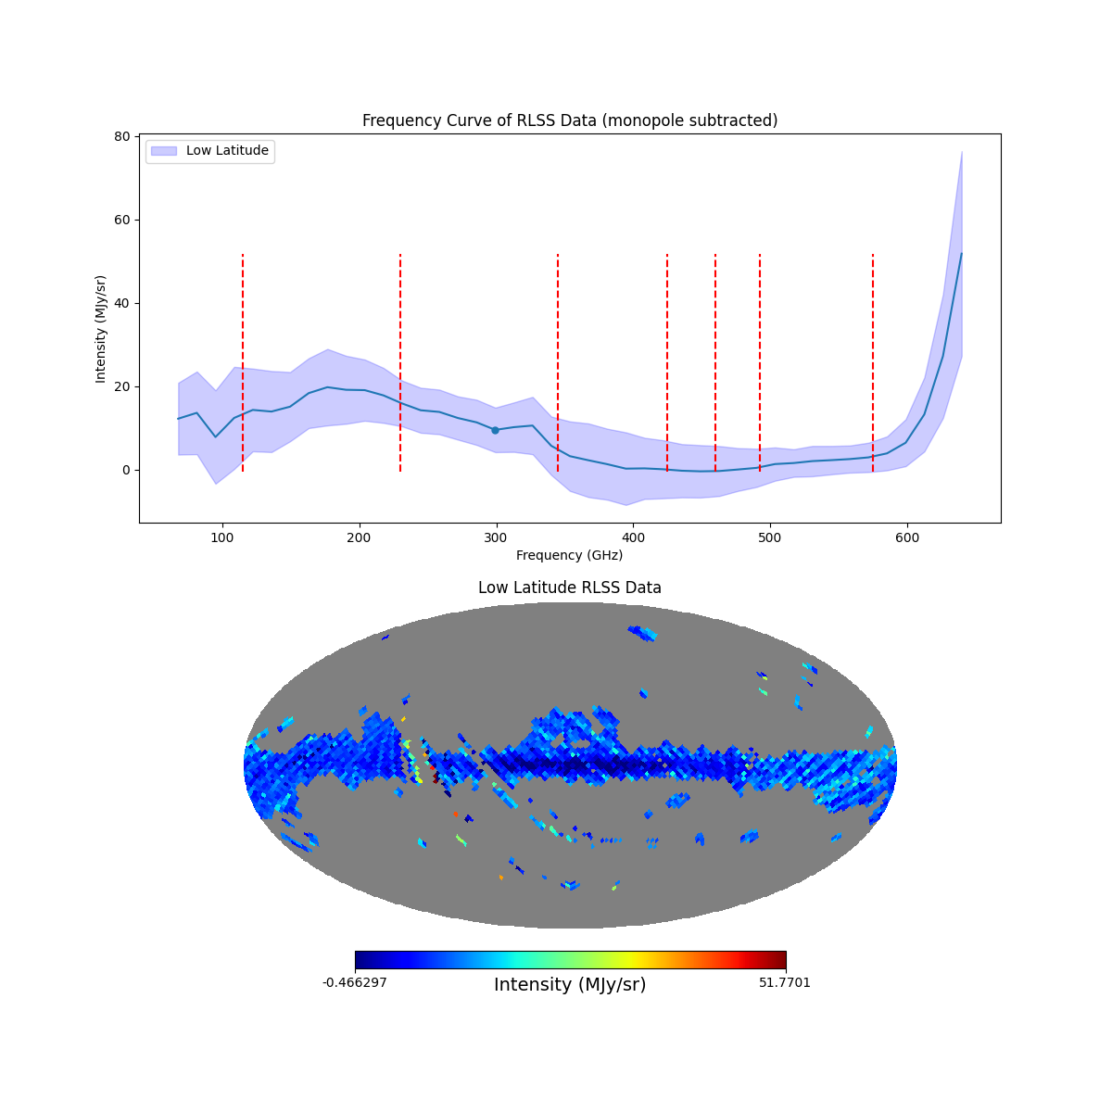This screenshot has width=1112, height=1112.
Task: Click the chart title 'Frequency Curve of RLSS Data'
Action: tap(569, 120)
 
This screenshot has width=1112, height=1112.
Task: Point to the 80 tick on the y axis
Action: tap(122, 136)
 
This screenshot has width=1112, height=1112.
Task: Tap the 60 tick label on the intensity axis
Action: tap(122, 220)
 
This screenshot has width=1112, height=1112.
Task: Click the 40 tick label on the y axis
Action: tap(122, 303)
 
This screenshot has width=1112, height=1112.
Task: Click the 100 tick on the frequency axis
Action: tap(222, 537)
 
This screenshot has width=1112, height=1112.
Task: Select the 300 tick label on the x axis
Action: tap(496, 537)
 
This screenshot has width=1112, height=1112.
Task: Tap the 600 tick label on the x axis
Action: tap(906, 537)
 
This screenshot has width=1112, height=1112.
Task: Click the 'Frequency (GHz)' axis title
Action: tap(569, 555)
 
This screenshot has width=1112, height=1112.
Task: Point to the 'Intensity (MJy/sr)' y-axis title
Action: tap(101, 329)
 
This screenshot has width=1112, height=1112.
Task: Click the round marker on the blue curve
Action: tap(495, 430)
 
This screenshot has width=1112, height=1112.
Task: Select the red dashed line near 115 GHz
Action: tap(243, 361)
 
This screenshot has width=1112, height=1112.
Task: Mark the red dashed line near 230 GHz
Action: tap(400, 361)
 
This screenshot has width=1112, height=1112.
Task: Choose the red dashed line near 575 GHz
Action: tap(873, 361)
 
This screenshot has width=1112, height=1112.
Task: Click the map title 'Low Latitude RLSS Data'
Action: tap(569, 588)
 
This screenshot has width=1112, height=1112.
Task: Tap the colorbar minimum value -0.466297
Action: tap(354, 982)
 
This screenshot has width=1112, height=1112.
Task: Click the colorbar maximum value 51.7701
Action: tap(784, 982)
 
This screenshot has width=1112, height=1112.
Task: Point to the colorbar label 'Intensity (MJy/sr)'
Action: tap(569, 985)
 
